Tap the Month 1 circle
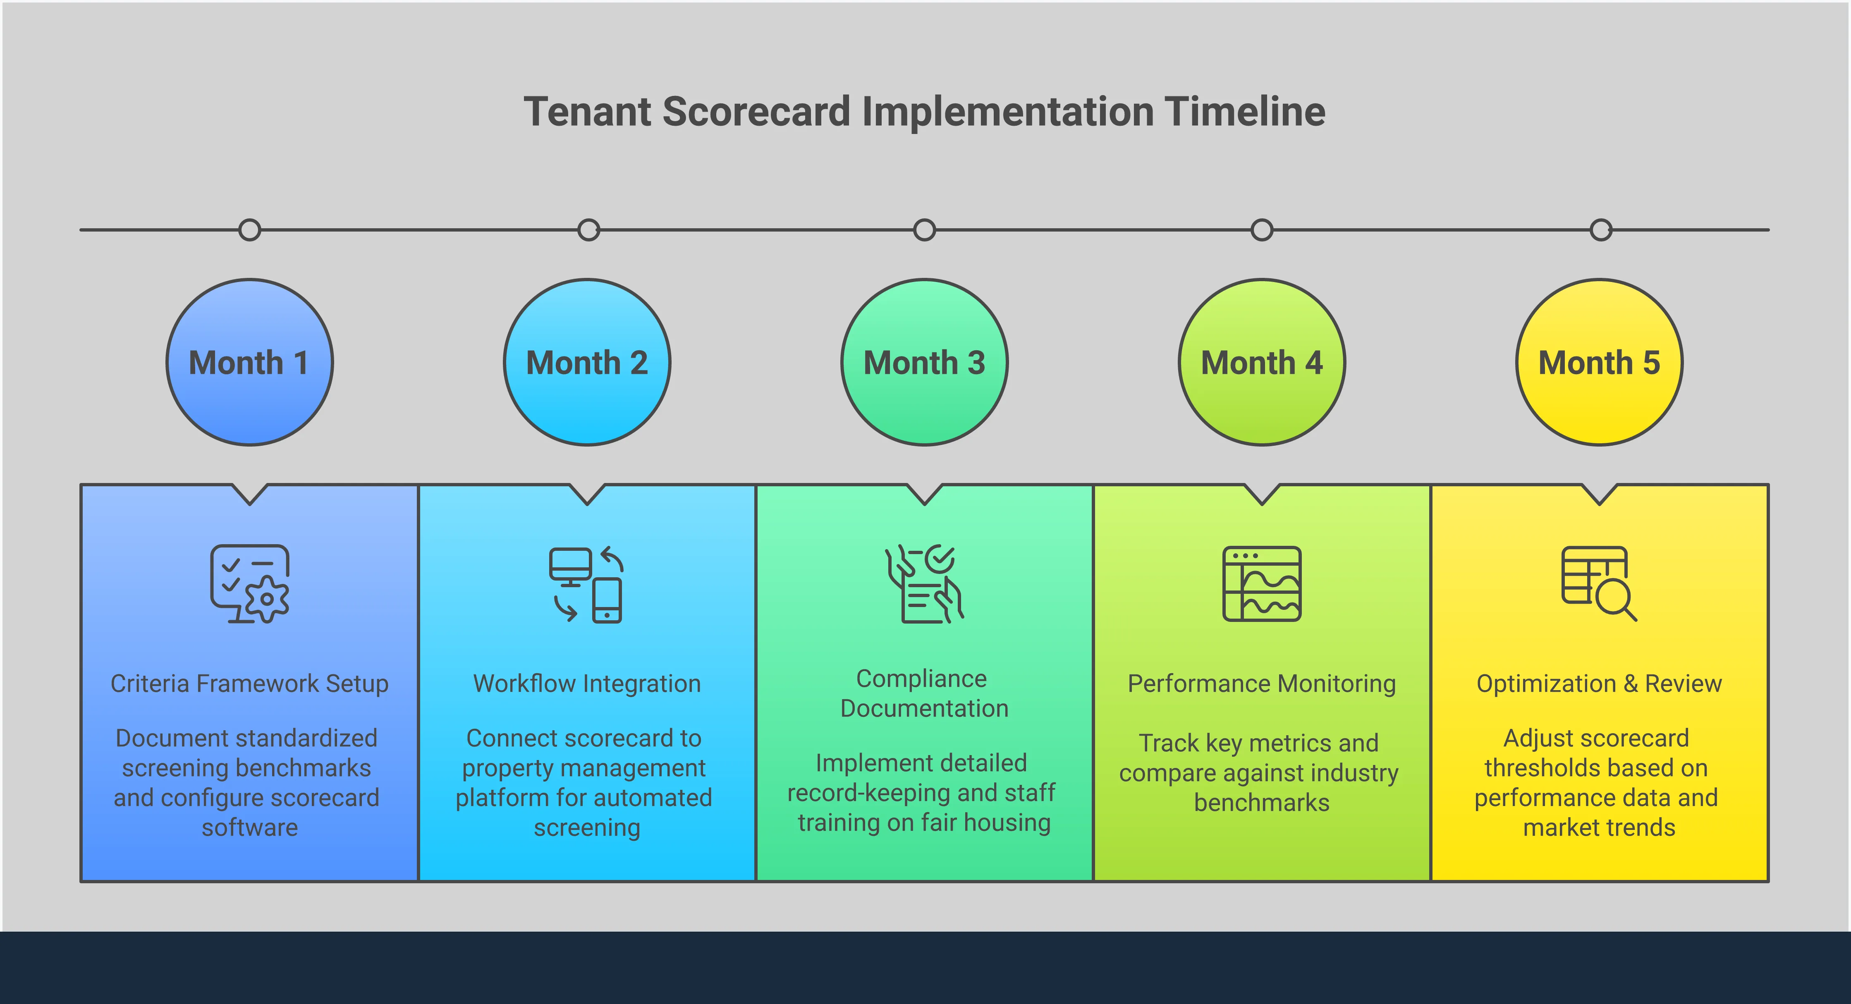pyautogui.click(x=249, y=362)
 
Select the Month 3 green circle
pyautogui.click(x=924, y=362)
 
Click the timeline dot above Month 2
pyautogui.click(x=588, y=230)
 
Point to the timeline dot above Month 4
pyautogui.click(x=1262, y=230)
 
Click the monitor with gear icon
pyautogui.click(x=249, y=583)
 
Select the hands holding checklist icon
pyautogui.click(x=924, y=583)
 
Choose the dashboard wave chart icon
pyautogui.click(x=1262, y=583)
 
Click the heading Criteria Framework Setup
pyautogui.click(x=249, y=684)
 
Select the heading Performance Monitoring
pyautogui.click(x=1262, y=684)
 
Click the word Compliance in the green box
pyautogui.click(x=921, y=679)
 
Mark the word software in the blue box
pyautogui.click(x=249, y=828)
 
